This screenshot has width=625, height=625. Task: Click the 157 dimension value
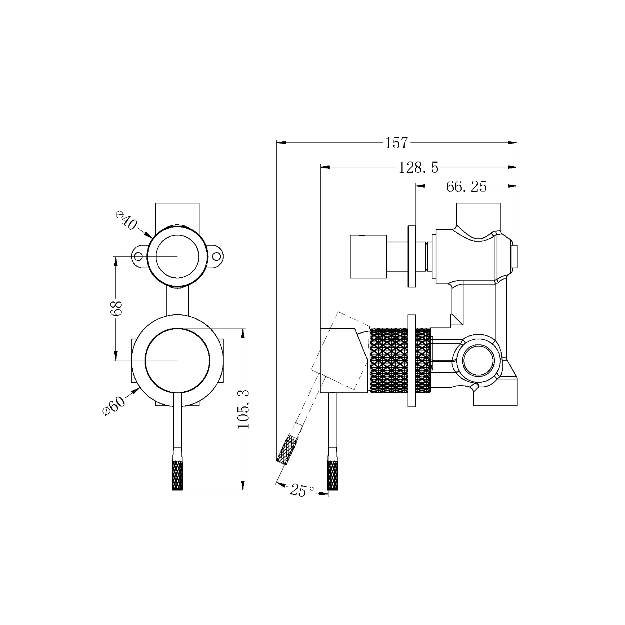tap(396, 143)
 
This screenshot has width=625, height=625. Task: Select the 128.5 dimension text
tap(418, 167)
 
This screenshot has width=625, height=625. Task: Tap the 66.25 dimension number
tap(466, 186)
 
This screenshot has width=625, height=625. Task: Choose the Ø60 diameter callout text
tap(114, 406)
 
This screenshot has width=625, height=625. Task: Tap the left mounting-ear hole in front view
tap(138, 256)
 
